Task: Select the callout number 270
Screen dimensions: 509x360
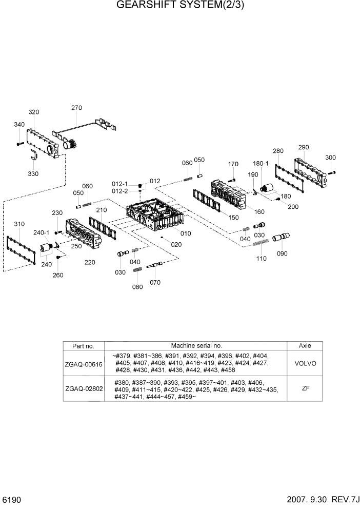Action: (76, 108)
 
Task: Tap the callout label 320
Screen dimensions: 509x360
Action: (34, 112)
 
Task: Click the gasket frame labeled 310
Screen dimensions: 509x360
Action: (20, 251)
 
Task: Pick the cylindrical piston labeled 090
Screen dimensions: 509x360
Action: (281, 239)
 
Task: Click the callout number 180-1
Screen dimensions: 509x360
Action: (261, 163)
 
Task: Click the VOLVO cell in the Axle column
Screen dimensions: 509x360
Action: (305, 363)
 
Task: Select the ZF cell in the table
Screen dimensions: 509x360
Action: (305, 388)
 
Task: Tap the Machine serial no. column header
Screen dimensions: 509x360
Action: (196, 346)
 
